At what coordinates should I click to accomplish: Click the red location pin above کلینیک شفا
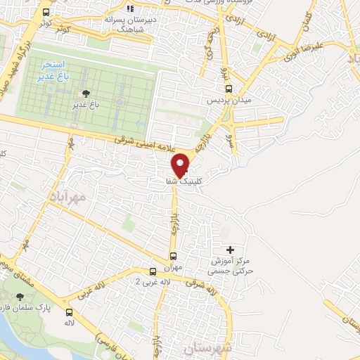[x=181, y=165]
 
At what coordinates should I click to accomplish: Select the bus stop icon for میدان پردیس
[x=229, y=89]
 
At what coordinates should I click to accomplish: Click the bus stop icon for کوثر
[x=46, y=13]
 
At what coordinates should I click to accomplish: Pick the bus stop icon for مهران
[x=173, y=256]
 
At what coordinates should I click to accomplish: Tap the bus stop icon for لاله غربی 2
[x=153, y=271]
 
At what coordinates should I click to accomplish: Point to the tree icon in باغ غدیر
[x=86, y=94]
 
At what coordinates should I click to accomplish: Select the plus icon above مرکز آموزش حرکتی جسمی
[x=231, y=250]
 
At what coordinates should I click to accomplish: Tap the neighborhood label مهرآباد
[x=67, y=194]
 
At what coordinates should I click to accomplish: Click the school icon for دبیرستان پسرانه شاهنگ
[x=129, y=8]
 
